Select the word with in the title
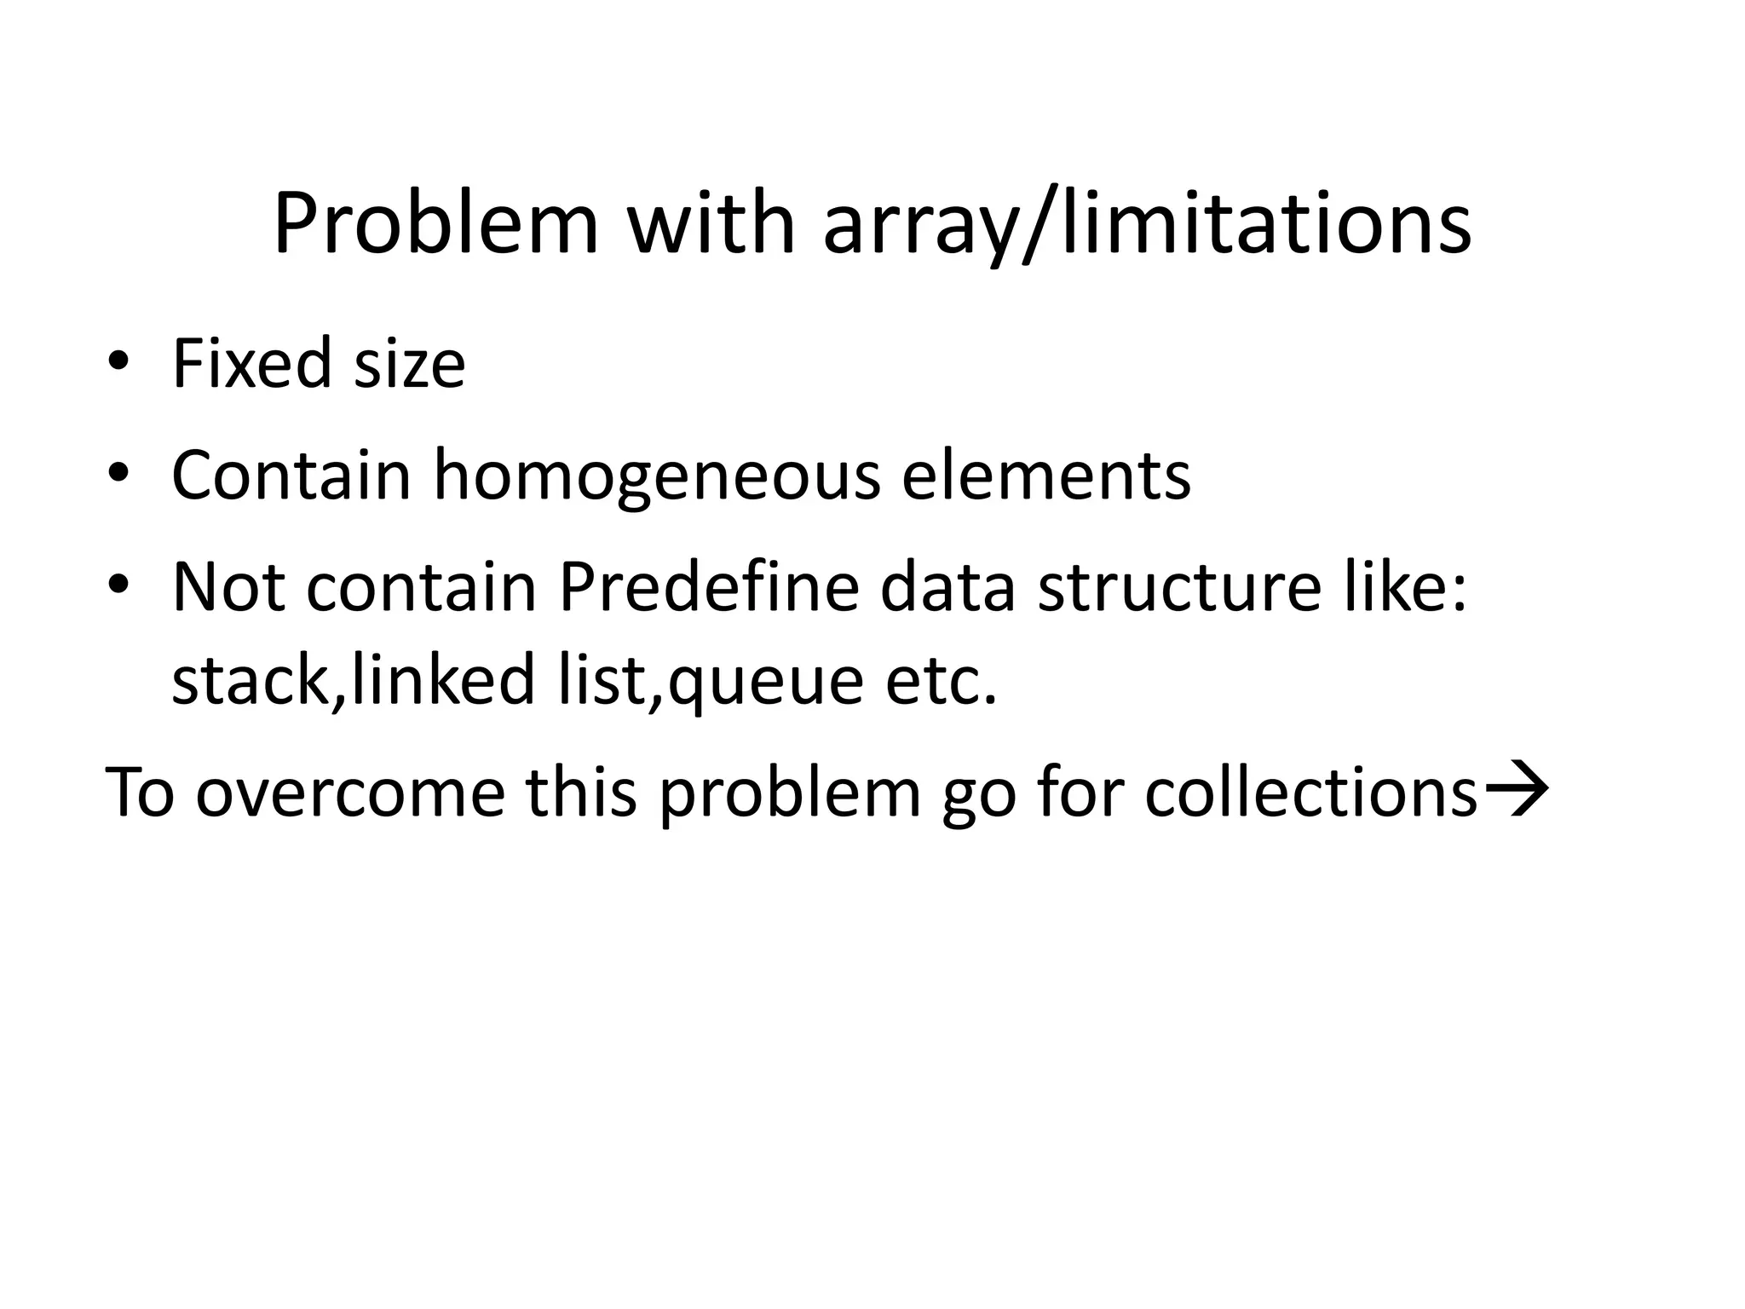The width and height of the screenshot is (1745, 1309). click(x=711, y=224)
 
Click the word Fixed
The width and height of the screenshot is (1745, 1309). click(x=252, y=364)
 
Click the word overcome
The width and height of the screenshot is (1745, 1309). click(x=350, y=792)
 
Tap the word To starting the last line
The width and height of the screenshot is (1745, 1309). click(x=140, y=792)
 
